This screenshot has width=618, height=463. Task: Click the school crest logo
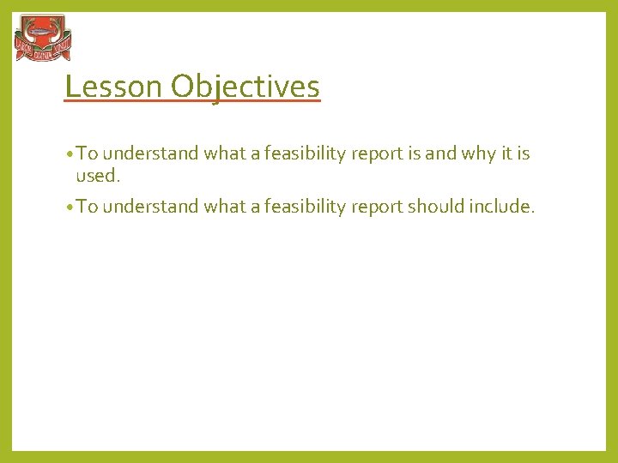tap(42, 39)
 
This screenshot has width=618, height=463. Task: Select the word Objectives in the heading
tap(245, 87)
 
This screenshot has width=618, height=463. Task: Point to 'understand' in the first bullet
tap(151, 154)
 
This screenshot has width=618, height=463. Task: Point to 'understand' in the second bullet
tap(151, 207)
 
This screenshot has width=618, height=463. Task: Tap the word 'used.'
tap(98, 176)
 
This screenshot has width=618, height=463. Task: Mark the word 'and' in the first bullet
tap(440, 154)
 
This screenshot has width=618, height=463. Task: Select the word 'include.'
tap(504, 207)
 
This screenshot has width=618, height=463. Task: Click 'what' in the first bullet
tap(224, 154)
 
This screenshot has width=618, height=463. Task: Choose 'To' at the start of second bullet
tap(88, 207)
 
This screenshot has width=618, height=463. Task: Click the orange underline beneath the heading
tap(192, 102)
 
